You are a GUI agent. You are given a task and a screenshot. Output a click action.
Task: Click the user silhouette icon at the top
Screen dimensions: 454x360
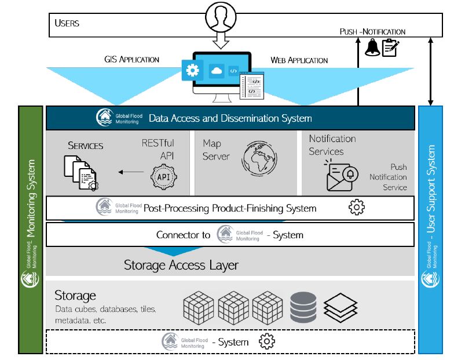point(221,17)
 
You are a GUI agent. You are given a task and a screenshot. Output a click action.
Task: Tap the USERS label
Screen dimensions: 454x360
point(67,23)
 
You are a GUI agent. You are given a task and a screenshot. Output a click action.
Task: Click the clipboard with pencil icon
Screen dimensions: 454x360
point(390,48)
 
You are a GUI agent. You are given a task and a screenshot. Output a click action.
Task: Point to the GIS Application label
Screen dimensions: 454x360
point(132,59)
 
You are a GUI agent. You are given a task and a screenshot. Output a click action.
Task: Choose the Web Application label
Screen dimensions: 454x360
point(299,60)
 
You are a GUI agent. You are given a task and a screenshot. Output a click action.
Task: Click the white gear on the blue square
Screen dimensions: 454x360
point(192,70)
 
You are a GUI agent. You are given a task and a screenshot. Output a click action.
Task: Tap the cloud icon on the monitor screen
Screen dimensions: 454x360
point(217,71)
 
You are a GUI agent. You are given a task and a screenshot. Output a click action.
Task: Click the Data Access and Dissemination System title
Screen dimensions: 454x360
point(230,118)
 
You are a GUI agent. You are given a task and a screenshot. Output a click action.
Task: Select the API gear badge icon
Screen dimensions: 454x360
point(163,177)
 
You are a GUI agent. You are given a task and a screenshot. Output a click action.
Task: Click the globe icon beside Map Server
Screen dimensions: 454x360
point(259,158)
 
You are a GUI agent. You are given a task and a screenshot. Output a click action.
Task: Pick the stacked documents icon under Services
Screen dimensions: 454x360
point(81,173)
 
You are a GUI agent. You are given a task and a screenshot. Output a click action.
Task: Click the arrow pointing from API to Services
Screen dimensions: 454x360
point(131,172)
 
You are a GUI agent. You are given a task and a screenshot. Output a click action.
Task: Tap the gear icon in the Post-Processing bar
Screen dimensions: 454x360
point(357,208)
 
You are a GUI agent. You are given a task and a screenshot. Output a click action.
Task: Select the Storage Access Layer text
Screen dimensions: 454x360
point(181,265)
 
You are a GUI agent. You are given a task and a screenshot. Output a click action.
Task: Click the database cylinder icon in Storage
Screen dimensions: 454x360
point(303,307)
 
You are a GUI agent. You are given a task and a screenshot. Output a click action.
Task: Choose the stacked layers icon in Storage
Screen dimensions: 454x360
point(340,308)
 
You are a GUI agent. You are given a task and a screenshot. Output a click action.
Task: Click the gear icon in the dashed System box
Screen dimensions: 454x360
point(266,341)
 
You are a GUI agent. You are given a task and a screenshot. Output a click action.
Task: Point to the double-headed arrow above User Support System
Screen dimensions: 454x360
point(431,71)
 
